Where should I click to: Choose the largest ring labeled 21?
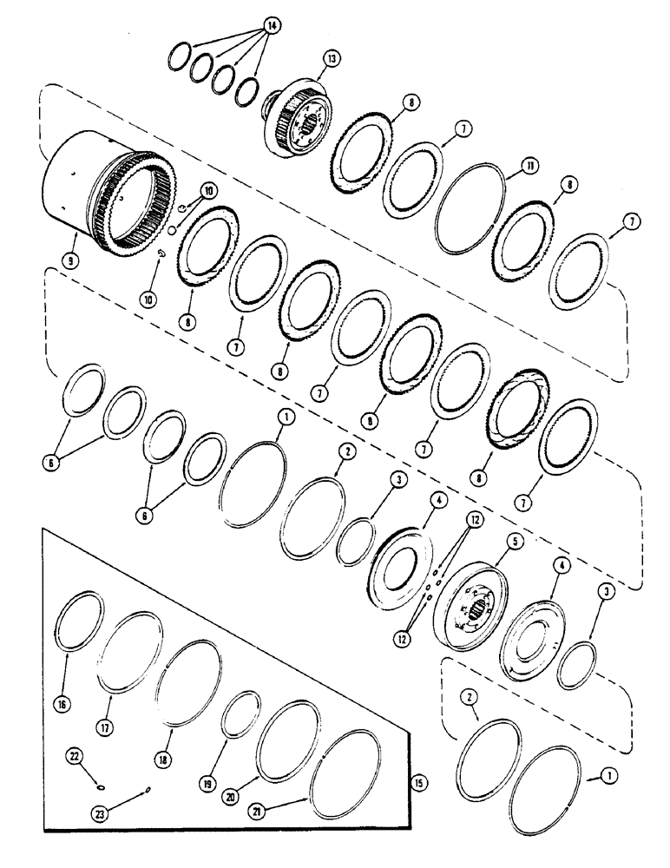tap(345, 773)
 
